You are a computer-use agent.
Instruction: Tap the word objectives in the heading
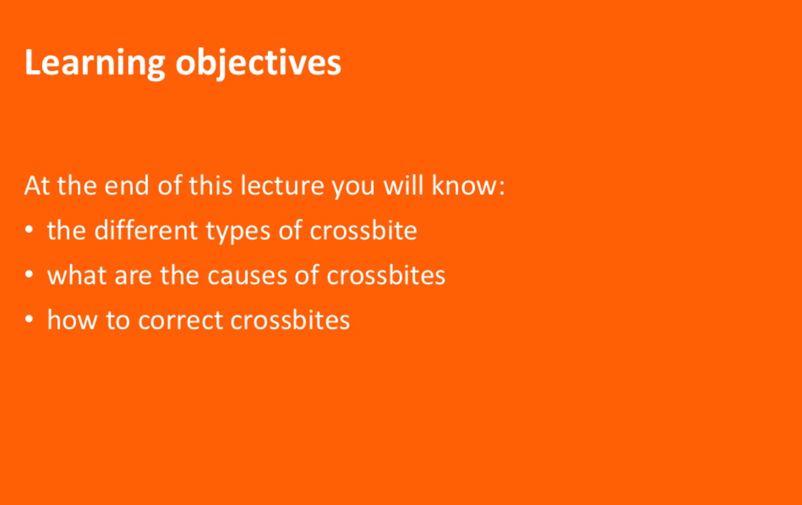(258, 63)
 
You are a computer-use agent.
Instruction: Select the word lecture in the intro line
(283, 185)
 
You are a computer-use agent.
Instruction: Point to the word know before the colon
(464, 185)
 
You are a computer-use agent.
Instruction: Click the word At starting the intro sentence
(37, 185)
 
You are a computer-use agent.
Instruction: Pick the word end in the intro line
(127, 185)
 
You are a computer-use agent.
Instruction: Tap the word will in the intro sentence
(404, 185)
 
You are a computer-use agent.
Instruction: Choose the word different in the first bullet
(145, 230)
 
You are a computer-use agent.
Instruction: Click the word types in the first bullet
(238, 232)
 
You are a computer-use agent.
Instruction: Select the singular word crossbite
(363, 230)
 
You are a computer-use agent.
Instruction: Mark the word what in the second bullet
(77, 275)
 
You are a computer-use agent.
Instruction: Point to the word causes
(248, 277)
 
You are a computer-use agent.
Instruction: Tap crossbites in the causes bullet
(386, 275)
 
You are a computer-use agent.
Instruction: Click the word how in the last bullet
(72, 320)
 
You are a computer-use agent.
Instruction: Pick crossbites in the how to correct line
(290, 320)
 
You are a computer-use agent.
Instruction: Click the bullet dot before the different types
(29, 229)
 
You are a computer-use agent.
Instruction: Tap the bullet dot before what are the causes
(29, 274)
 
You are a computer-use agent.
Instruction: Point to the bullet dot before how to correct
(29, 319)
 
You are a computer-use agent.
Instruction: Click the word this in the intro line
(210, 185)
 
